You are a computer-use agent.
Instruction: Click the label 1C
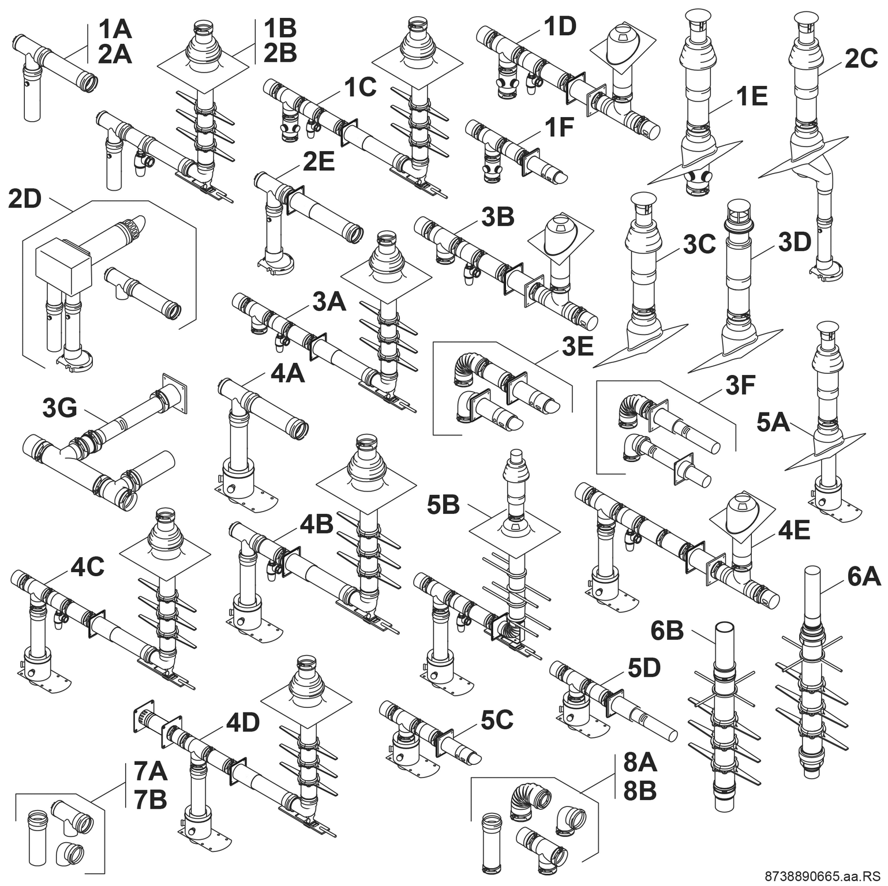click(x=360, y=87)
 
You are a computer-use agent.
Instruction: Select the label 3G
click(x=59, y=408)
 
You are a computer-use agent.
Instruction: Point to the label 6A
click(x=864, y=576)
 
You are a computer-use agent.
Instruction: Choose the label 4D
click(x=242, y=723)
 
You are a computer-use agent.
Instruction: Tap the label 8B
click(x=640, y=791)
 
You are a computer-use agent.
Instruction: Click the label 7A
click(x=150, y=771)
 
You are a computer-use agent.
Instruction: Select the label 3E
click(x=578, y=347)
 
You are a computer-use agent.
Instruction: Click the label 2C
click(x=861, y=58)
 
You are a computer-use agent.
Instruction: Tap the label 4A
click(x=287, y=373)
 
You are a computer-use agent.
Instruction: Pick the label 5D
click(x=644, y=667)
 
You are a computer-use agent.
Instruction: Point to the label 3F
click(x=740, y=385)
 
